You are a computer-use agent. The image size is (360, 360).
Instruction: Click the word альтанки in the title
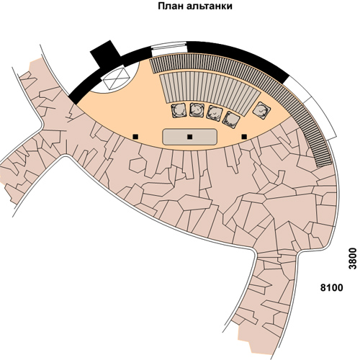(210, 6)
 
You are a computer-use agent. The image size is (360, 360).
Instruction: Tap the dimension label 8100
(332, 287)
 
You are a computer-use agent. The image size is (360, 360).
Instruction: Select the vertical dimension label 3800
(353, 258)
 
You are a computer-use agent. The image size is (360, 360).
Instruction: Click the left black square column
(135, 137)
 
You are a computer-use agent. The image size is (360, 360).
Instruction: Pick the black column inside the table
(190, 137)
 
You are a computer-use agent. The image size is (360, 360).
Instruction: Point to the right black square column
(244, 137)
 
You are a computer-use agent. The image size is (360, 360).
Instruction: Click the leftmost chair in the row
(179, 110)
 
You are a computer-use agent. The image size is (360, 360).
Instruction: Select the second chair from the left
(197, 110)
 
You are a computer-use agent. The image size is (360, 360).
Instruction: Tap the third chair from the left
(215, 113)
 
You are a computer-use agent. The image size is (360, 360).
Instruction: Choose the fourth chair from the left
(231, 120)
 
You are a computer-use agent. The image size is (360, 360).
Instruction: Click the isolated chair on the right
(261, 110)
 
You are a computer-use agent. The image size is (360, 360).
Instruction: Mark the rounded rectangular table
(190, 137)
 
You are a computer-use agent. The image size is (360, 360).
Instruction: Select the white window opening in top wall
(169, 49)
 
